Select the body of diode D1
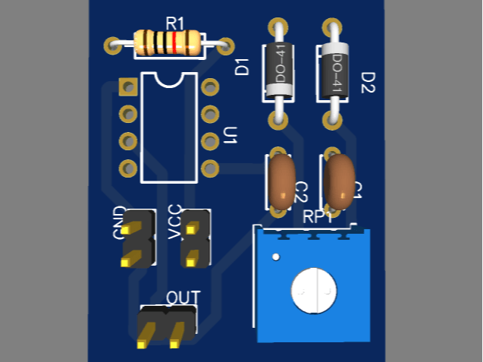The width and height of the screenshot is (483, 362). click(x=278, y=72)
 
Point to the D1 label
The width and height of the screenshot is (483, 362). click(x=243, y=66)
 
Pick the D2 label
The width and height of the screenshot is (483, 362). click(x=368, y=82)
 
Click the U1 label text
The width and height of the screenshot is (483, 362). click(x=231, y=137)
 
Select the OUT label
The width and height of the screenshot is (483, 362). click(x=183, y=297)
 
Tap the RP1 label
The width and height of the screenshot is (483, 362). click(x=319, y=217)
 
